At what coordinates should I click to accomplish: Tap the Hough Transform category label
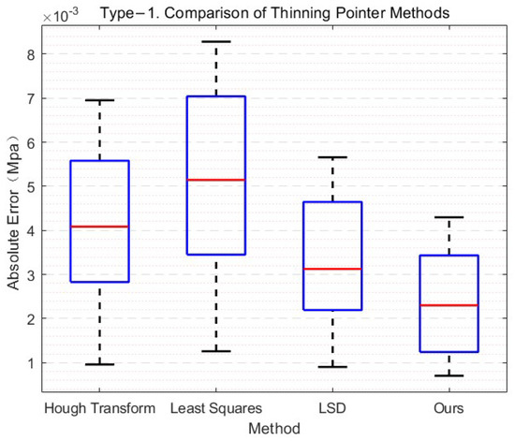click(98, 408)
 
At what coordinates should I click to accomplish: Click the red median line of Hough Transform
click(99, 227)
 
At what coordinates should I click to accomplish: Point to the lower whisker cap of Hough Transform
click(99, 364)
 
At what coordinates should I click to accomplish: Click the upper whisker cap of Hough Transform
click(99, 100)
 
